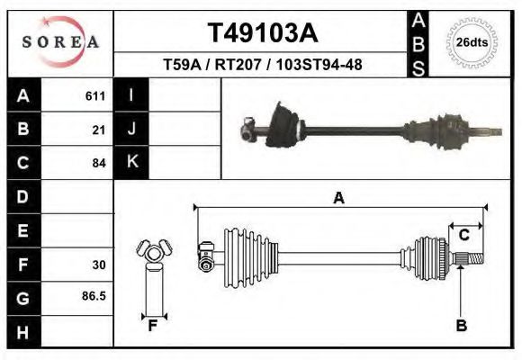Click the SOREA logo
pos(60,42)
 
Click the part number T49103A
pos(262,33)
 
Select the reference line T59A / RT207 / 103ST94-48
pos(262,65)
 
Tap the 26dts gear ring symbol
pos(471,42)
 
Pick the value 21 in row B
pos(99,130)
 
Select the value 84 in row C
pos(99,163)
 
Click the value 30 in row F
pos(99,265)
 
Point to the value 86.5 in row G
pos(94,295)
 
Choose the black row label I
pos(131,95)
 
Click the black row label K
pos(131,162)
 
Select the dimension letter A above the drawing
pos(338,198)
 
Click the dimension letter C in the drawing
pos(463,235)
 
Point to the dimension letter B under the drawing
pos(461,326)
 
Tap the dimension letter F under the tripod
pos(153,326)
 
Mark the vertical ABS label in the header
pos(418,42)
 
